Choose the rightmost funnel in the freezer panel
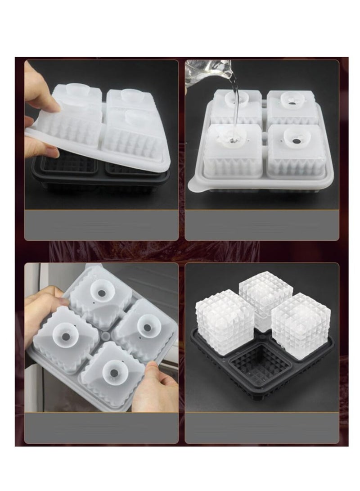coord(146,324)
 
